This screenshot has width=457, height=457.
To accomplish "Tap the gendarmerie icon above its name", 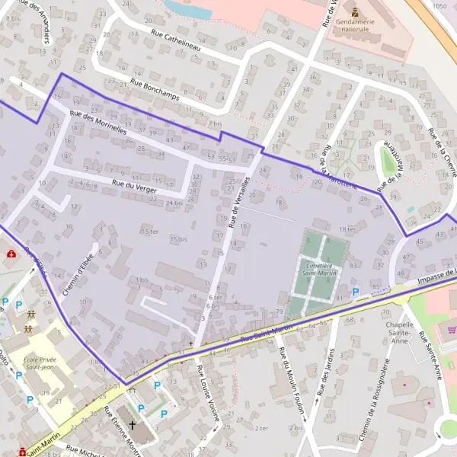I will [356, 11].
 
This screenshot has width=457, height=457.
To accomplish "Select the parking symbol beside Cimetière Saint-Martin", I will [356, 292].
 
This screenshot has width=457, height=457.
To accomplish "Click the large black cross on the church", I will [133, 426].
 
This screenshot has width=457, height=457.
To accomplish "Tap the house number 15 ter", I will [150, 231].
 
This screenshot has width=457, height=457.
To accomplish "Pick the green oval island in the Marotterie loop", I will [388, 159].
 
